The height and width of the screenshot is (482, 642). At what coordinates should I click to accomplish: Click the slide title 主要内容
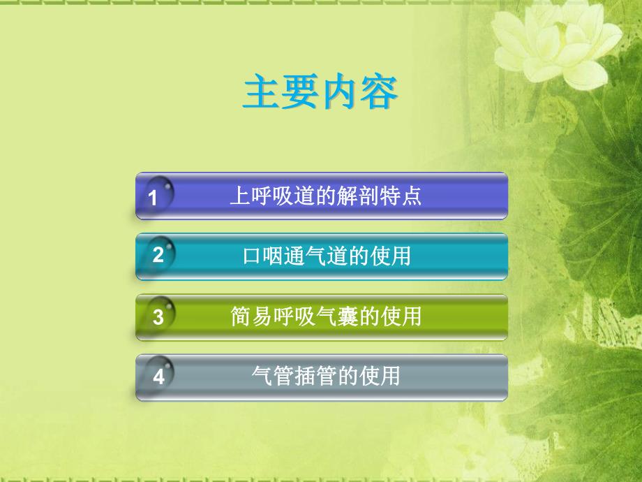(x=320, y=93)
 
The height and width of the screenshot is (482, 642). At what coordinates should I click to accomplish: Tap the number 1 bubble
(x=154, y=198)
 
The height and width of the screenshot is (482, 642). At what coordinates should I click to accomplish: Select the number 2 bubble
(x=158, y=255)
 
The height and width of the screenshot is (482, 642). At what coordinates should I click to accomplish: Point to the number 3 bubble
(x=158, y=317)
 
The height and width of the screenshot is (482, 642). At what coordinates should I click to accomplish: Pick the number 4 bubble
(x=158, y=377)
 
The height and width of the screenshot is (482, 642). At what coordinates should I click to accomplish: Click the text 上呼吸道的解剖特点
(x=326, y=196)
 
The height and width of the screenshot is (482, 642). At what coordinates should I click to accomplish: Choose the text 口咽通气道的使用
(x=326, y=256)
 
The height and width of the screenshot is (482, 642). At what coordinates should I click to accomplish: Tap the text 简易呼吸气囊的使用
(x=326, y=317)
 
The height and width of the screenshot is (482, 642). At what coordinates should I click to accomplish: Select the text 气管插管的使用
(x=326, y=377)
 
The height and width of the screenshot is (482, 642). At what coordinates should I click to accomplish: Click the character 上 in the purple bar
(x=239, y=196)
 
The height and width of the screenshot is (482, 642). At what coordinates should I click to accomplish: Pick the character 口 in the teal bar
(x=251, y=256)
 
